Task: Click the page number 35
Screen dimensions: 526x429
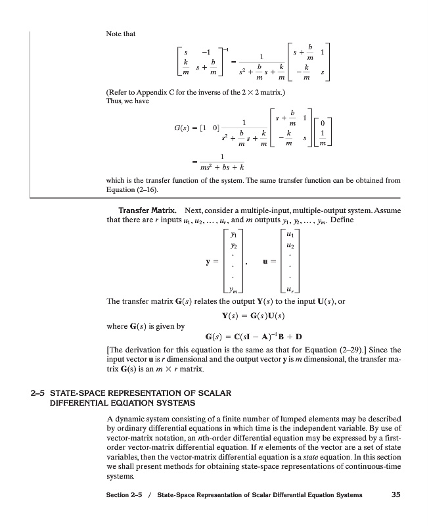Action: click(395, 495)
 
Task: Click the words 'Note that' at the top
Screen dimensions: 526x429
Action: click(120, 34)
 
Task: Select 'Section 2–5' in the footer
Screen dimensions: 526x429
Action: click(125, 495)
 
